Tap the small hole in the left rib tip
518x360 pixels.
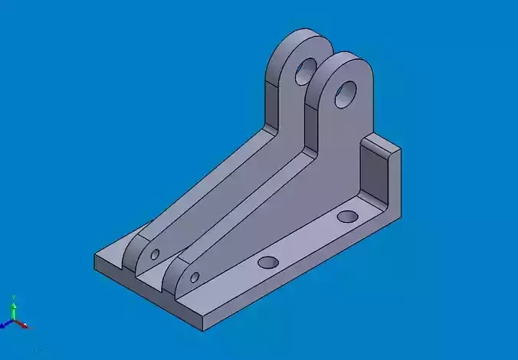(155, 253)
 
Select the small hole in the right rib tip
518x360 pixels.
(195, 277)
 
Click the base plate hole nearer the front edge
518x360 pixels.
(268, 262)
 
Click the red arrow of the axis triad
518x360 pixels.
(25, 326)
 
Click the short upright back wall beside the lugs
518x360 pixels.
(376, 172)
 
